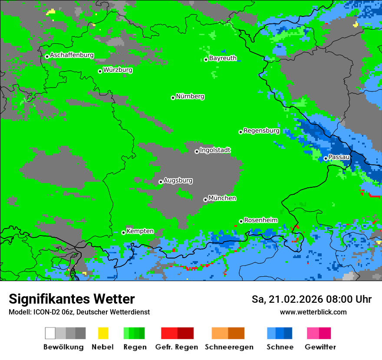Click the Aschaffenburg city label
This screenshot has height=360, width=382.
click(72, 55)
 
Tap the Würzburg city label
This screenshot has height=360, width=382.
click(118, 70)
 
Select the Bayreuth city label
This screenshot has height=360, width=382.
click(223, 58)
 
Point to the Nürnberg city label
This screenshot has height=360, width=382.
click(190, 96)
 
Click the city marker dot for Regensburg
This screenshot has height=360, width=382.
click(240, 132)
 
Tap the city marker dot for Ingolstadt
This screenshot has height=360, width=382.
click(197, 151)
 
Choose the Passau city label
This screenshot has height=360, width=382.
click(339, 157)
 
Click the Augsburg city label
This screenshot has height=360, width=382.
click(178, 180)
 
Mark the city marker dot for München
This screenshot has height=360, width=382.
click(205, 200)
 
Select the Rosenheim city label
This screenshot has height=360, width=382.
click(260, 220)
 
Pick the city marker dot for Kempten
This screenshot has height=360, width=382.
click(123, 232)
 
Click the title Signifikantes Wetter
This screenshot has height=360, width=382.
click(72, 299)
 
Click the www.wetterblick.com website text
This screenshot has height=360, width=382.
click(313, 312)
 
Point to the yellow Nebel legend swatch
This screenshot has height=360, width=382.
click(103, 333)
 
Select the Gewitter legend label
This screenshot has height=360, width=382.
click(320, 347)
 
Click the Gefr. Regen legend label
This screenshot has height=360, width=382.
click(176, 347)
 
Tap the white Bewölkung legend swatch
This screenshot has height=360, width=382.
click(50, 333)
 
